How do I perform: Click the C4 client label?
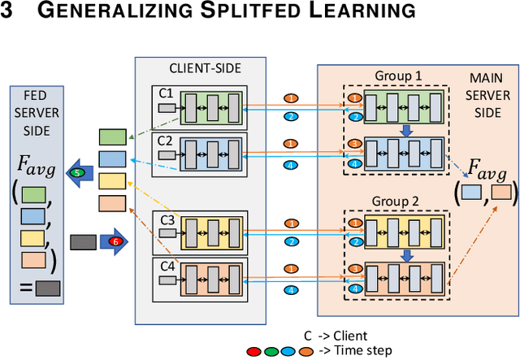pyautogui.click(x=167, y=265)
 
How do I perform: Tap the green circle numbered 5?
pyautogui.click(x=77, y=173)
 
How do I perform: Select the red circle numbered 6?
pyautogui.click(x=113, y=241)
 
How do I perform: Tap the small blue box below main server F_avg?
pyautogui.click(x=470, y=193)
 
